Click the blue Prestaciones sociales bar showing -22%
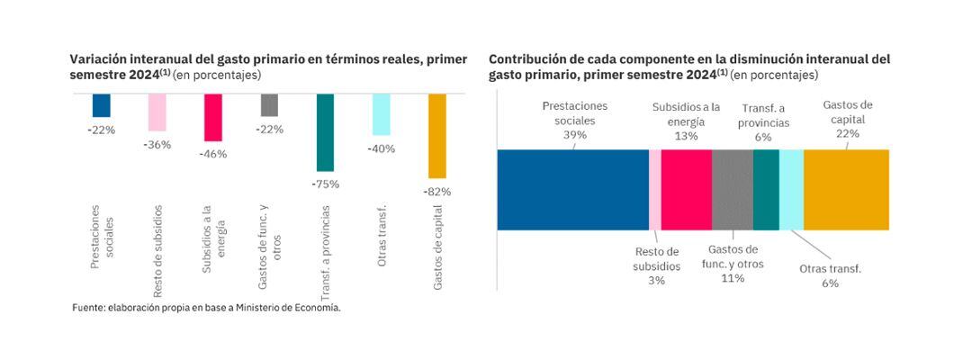tap(102, 105)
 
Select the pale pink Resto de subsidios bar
tap(157, 112)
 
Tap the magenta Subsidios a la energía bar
tap(213, 117)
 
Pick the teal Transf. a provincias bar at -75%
tap(325, 132)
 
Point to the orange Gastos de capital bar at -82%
tap(436, 136)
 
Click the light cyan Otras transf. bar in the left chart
tap(381, 114)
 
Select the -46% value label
tap(213, 154)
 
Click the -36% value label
tap(157, 145)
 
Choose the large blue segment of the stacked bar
tap(572, 190)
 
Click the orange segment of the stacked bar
tap(846, 190)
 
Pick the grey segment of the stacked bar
tap(732, 190)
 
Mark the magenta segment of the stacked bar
tap(686, 190)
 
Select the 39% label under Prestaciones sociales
tap(574, 135)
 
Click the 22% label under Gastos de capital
tap(847, 133)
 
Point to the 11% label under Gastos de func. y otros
tap(732, 278)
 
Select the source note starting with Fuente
tap(206, 308)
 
